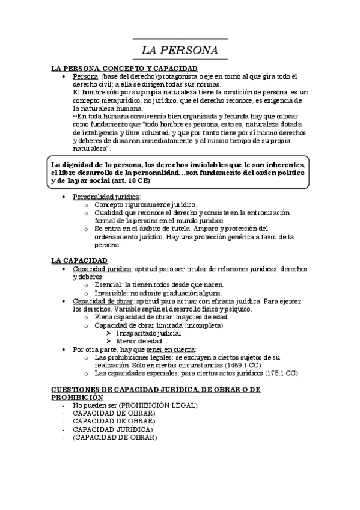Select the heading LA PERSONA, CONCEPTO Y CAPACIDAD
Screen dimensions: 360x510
pyautogui.click(x=124, y=69)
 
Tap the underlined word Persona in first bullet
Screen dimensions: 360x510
pyautogui.click(x=85, y=77)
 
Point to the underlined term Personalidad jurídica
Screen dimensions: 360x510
pyautogui.click(x=106, y=197)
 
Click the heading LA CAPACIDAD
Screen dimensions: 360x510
pyautogui.click(x=79, y=260)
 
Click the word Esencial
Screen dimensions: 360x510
pyautogui.click(x=109, y=284)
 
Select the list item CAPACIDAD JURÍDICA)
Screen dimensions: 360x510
pyautogui.click(x=113, y=429)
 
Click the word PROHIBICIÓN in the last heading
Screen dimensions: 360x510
pyautogui.click(x=77, y=398)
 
